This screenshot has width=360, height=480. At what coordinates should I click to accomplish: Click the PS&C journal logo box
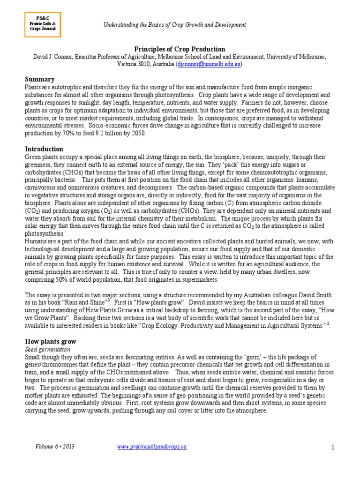pyautogui.click(x=43, y=23)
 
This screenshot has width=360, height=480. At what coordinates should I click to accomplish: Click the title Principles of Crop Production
pyautogui.click(x=180, y=49)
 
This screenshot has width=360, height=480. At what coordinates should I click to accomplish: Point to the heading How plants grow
pyautogui.click(x=50, y=342)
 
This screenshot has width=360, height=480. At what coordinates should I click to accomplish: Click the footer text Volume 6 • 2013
pyautogui.click(x=54, y=447)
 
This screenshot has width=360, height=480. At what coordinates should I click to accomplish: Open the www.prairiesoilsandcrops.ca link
pyautogui.click(x=151, y=447)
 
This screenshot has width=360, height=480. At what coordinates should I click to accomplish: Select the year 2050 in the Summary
pyautogui.click(x=138, y=133)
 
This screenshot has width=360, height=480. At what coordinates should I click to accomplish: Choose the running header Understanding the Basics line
pyautogui.click(x=174, y=24)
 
